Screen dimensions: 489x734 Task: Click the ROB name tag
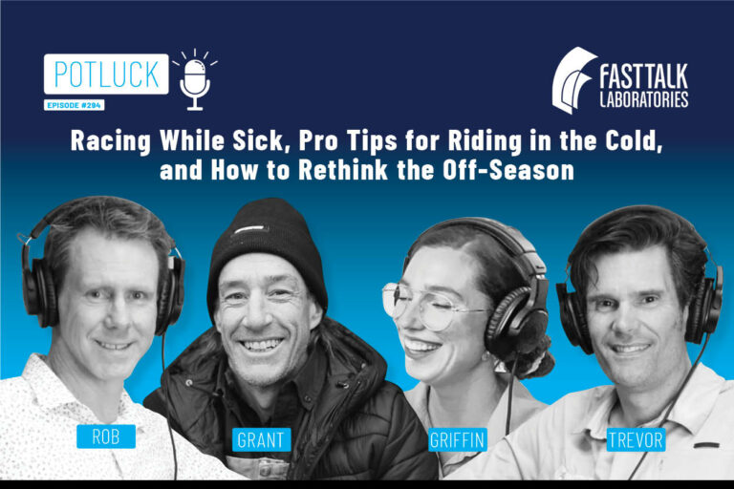106,436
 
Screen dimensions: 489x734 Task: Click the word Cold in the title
622,143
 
